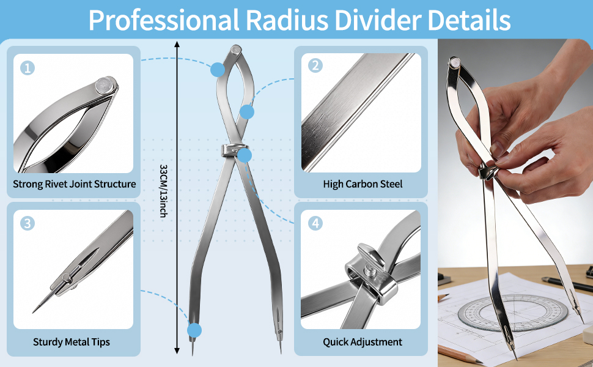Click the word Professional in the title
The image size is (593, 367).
(163, 20)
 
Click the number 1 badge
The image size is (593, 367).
(28, 68)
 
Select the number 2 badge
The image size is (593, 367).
(315, 65)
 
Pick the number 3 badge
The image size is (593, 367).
(28, 223)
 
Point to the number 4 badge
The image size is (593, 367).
(315, 223)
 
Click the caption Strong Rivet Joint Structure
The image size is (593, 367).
(75, 183)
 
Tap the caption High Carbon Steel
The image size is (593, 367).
(363, 183)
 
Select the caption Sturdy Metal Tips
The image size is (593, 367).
(72, 342)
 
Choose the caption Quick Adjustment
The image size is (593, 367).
(363, 342)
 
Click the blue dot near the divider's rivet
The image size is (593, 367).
(218, 70)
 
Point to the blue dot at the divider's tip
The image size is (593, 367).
(194, 331)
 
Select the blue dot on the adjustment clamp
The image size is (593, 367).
(245, 155)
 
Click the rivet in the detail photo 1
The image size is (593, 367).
(106, 84)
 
